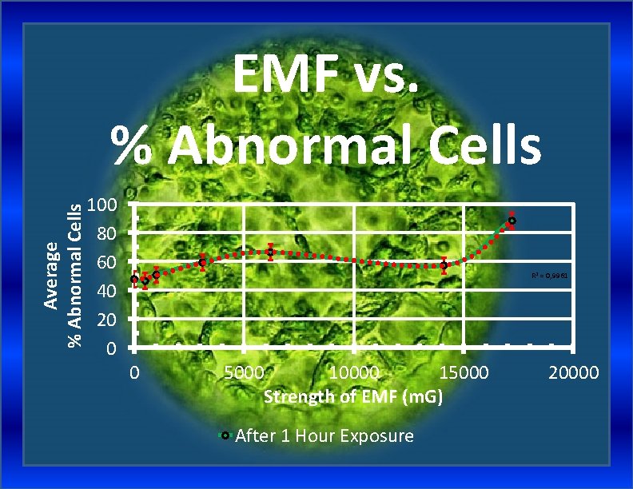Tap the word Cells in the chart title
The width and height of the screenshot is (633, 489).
tap(481, 145)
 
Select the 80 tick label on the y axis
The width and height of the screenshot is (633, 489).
tap(107, 233)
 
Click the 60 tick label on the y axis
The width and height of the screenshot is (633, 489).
tap(107, 262)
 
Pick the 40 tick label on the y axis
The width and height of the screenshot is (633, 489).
tap(107, 291)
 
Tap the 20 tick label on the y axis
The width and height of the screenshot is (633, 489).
tap(107, 320)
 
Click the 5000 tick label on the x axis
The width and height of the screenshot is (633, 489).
tap(245, 373)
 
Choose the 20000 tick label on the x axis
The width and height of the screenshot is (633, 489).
tap(574, 373)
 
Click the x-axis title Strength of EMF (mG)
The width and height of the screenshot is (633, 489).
tap(353, 396)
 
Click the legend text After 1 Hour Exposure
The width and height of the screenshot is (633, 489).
tap(324, 435)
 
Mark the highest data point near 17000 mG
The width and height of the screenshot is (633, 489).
tap(512, 221)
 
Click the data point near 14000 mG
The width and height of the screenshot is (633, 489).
tap(444, 265)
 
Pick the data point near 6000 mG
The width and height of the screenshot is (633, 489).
tap(271, 252)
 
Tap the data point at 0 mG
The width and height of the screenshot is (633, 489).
tap(134, 279)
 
